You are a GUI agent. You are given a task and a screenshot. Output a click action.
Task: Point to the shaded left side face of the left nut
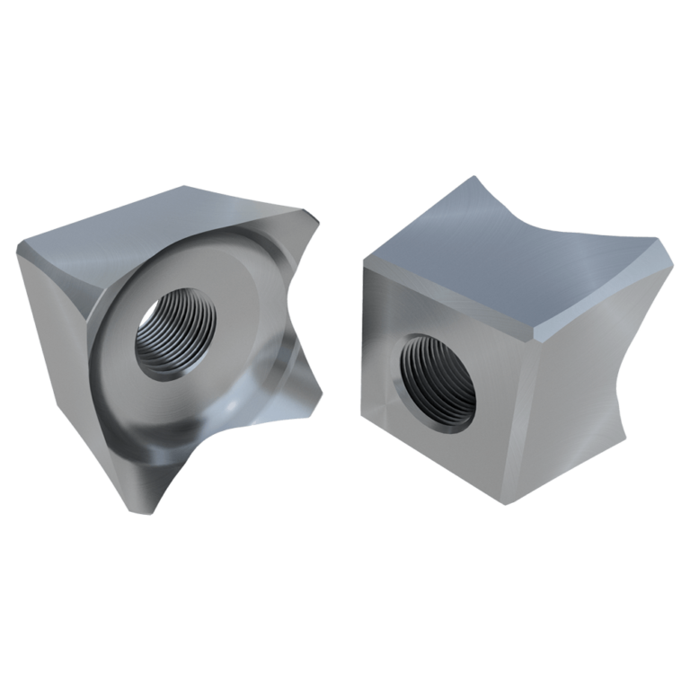[x=54, y=341]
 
